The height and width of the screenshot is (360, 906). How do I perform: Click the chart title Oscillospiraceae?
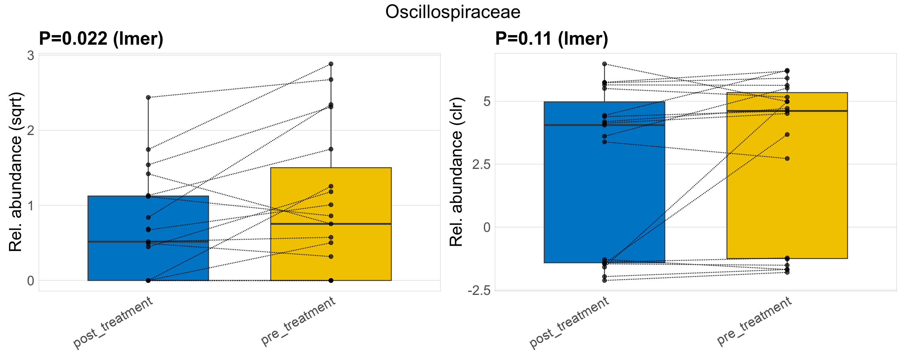tap(453, 12)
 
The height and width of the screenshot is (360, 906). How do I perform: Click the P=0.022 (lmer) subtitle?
tap(101, 39)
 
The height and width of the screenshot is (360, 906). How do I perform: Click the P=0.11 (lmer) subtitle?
tap(551, 39)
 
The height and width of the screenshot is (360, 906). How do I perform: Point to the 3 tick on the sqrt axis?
tap(31, 55)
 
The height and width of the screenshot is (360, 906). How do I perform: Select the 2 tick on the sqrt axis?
tap(31, 130)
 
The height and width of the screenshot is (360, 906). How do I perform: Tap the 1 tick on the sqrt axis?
tap(31, 206)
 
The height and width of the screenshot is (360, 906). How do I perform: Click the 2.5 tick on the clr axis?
tap(481, 164)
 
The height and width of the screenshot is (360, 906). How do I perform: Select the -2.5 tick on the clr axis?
tap(479, 291)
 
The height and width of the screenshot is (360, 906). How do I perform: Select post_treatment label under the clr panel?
tap(569, 323)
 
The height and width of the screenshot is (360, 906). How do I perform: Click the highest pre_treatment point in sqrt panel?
tap(331, 64)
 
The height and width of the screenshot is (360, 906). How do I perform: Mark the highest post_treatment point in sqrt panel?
tap(148, 97)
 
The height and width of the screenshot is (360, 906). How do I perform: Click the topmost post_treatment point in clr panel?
tap(604, 64)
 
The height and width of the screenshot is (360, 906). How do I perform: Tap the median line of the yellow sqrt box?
tap(331, 224)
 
